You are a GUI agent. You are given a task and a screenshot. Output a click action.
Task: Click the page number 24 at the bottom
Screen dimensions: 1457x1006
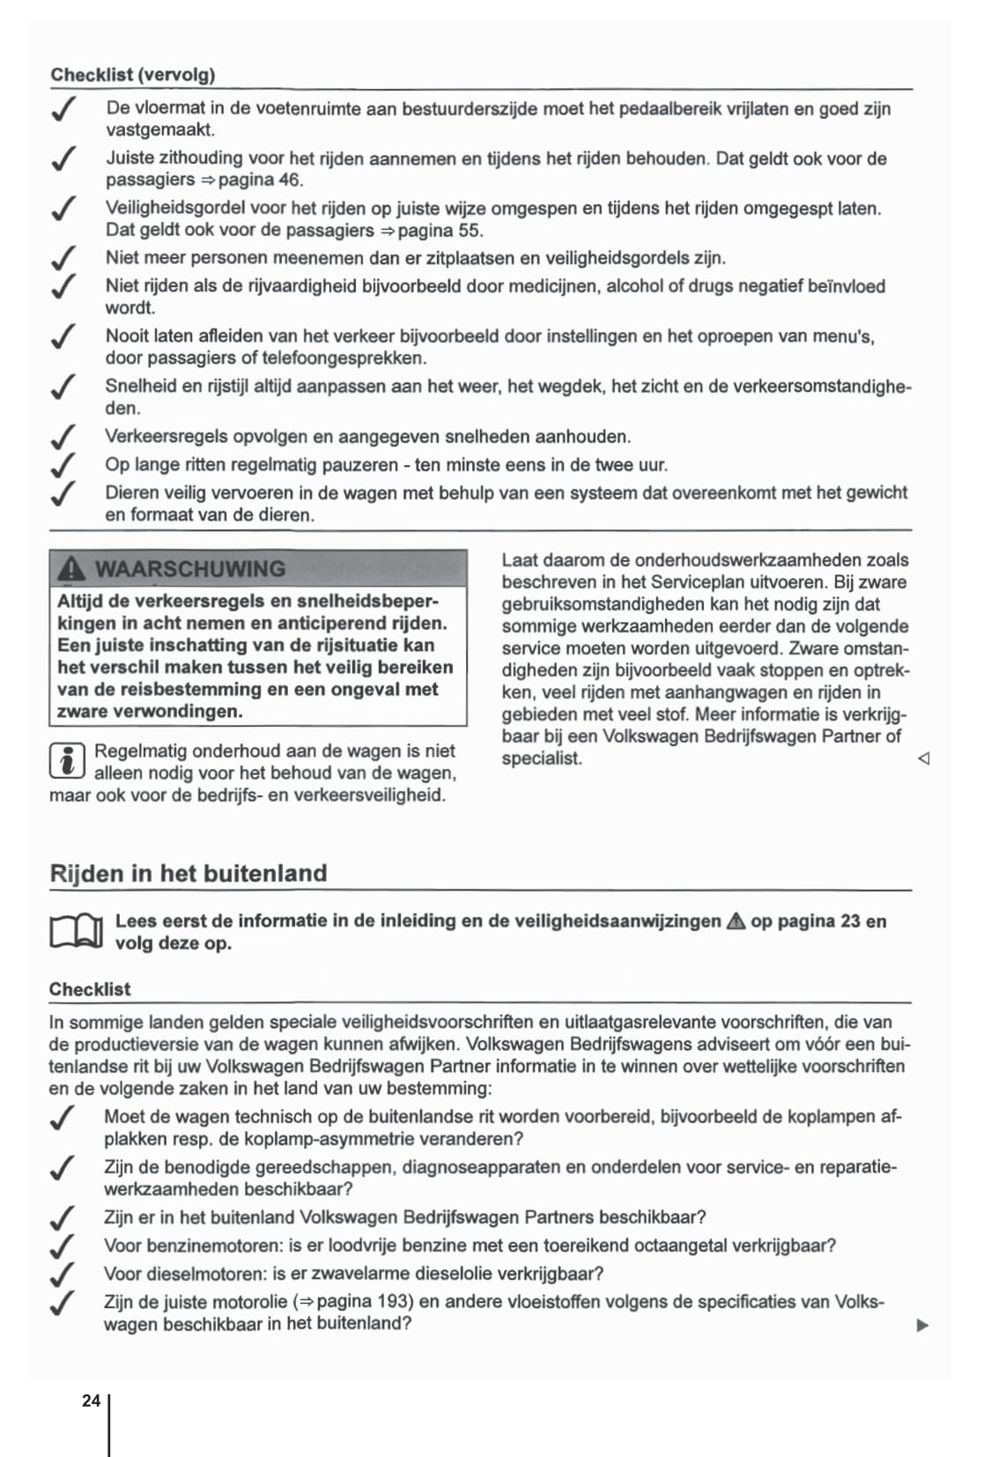pos(91,1401)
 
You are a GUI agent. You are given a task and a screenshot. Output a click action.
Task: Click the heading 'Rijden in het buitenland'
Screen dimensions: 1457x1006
pos(189,873)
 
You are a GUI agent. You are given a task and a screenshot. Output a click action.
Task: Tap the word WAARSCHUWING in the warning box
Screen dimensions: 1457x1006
pos(189,569)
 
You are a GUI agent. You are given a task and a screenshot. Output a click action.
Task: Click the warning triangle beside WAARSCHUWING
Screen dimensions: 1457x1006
pos(71,570)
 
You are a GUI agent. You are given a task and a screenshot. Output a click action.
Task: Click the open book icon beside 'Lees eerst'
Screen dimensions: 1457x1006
pos(77,931)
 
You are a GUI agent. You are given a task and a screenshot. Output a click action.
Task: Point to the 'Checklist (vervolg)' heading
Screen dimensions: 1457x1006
pos(133,75)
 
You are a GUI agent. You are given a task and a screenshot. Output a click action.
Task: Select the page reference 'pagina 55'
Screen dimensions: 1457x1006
pos(440,231)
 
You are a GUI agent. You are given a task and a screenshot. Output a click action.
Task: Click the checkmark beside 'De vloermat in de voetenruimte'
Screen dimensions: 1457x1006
pos(62,110)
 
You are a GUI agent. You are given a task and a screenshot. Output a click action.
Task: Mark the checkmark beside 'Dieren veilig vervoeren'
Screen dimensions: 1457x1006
pos(62,493)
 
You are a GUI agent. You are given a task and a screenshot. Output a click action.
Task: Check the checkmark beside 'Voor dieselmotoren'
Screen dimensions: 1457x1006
pos(62,1274)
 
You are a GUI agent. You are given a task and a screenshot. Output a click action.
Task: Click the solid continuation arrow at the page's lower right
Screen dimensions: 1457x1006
pos(922,1325)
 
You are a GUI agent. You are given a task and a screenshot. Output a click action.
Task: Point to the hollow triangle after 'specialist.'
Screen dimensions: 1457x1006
pos(923,758)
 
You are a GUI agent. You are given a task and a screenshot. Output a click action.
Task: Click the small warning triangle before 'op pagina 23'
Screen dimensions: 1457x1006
pos(736,921)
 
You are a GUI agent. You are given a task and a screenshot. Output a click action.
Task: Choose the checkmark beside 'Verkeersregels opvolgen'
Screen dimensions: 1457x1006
pos(62,437)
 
